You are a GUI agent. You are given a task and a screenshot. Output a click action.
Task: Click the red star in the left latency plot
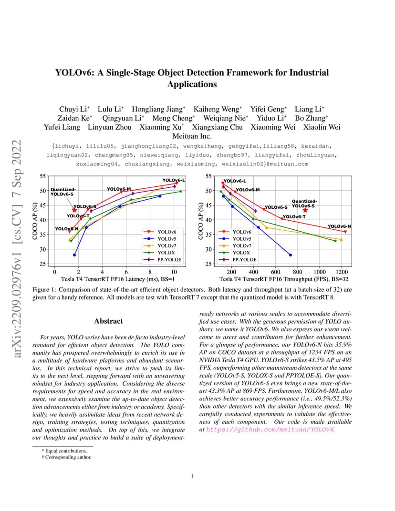[74, 210]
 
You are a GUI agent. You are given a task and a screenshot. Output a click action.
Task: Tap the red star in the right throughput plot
[305, 210]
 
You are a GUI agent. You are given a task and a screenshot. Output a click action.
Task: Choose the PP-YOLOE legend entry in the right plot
[238, 260]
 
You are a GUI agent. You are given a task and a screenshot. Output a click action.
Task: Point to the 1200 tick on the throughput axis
[342, 272]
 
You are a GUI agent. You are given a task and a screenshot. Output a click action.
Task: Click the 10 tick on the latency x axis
[174, 272]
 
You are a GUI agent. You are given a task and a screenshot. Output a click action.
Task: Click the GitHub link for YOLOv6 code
[270, 429]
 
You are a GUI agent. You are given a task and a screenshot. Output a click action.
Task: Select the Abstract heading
[108, 321]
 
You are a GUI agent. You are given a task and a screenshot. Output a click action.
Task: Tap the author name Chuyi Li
[73, 109]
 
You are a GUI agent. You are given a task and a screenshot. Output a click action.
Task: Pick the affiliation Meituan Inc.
[192, 136]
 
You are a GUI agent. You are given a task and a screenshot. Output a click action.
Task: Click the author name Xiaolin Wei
[322, 127]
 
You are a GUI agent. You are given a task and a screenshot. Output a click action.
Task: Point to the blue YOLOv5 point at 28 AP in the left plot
[74, 255]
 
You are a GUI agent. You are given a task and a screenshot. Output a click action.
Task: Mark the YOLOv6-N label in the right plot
[339, 226]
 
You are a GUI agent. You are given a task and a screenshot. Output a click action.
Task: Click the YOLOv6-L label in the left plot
[174, 180]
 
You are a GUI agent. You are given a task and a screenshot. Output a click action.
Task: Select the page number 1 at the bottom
[192, 476]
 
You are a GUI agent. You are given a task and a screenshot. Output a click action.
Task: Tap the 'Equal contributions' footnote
[64, 451]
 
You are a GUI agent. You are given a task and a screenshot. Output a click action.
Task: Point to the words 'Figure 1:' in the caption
[44, 289]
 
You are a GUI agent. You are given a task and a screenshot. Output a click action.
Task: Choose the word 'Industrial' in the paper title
[307, 72]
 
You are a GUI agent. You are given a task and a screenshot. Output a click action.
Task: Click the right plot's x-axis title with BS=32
[284, 279]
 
